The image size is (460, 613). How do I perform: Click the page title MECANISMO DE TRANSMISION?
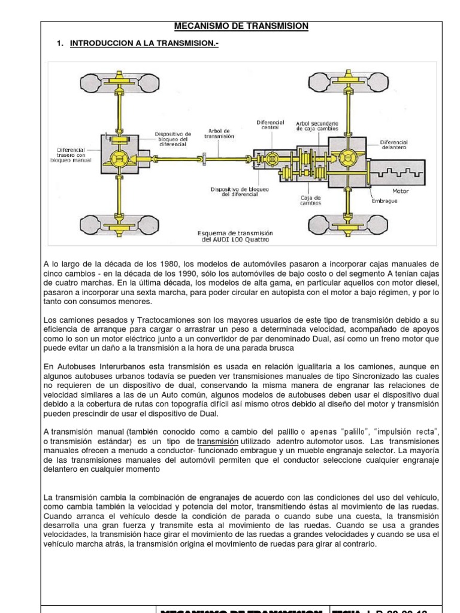tap(241, 26)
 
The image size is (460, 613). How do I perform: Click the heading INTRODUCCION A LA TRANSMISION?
tap(144, 43)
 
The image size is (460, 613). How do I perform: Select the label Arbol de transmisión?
tap(219, 133)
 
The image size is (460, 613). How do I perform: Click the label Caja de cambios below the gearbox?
tap(310, 200)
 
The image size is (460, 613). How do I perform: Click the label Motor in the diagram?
tap(400, 192)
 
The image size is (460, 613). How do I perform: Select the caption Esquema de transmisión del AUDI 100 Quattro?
tap(235, 236)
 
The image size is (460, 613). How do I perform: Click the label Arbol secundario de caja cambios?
tap(317, 125)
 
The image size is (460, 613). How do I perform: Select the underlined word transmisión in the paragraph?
tap(218, 441)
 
